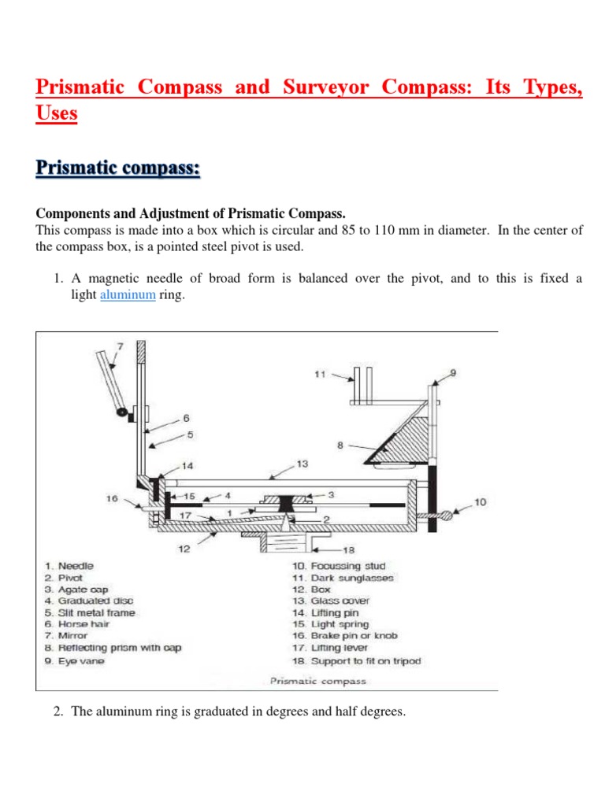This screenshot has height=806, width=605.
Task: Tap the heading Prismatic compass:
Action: pyautogui.click(x=118, y=168)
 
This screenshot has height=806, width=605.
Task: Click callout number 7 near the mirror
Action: pyautogui.click(x=120, y=346)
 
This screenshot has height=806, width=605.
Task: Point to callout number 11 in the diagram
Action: pyautogui.click(x=319, y=375)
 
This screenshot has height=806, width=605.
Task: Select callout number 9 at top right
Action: pyautogui.click(x=453, y=372)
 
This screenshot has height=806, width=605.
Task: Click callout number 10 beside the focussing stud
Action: pyautogui.click(x=481, y=502)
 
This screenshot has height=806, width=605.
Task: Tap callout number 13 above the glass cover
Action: pyautogui.click(x=302, y=464)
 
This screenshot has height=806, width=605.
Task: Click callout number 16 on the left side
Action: pyautogui.click(x=112, y=497)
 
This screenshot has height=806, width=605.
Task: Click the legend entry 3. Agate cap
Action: pyautogui.click(x=76, y=589)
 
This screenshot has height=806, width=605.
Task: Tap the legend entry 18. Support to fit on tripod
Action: pyautogui.click(x=355, y=660)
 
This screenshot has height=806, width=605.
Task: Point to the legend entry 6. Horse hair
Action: pyautogui.click(x=78, y=624)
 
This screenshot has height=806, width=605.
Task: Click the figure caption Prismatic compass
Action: pyautogui.click(x=317, y=681)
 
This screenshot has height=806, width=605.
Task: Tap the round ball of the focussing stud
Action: pyautogui.click(x=447, y=515)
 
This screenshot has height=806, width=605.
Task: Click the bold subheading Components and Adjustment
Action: pyautogui.click(x=188, y=213)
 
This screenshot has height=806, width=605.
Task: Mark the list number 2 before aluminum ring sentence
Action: pyautogui.click(x=57, y=712)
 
